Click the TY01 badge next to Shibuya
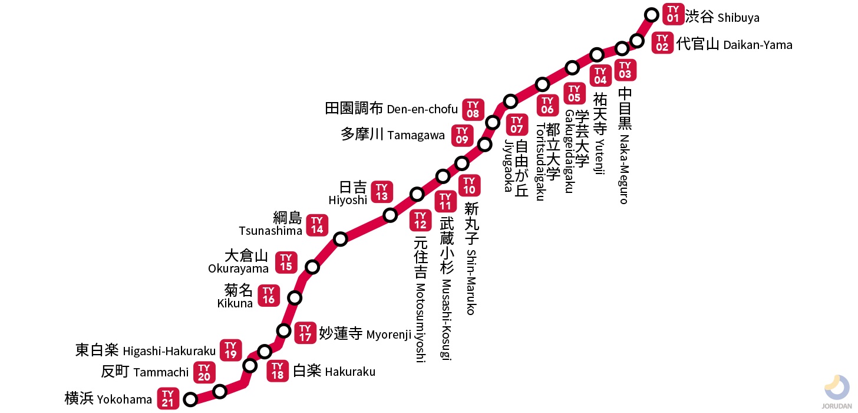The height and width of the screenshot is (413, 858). click(x=673, y=14)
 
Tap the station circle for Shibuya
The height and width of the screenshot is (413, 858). click(x=652, y=14)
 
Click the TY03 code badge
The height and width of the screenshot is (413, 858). click(x=625, y=70)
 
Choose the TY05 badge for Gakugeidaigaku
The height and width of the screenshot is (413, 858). click(x=574, y=93)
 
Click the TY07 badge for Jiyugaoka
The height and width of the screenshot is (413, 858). click(x=517, y=124)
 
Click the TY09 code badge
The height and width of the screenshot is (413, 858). click(x=462, y=136)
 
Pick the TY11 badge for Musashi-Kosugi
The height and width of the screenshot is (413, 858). click(x=445, y=201)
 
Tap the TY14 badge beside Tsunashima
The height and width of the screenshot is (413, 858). click(x=317, y=225)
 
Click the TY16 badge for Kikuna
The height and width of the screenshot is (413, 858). click(x=269, y=296)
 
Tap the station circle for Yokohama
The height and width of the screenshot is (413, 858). click(x=190, y=399)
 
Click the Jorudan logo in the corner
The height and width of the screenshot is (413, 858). click(x=837, y=392)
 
